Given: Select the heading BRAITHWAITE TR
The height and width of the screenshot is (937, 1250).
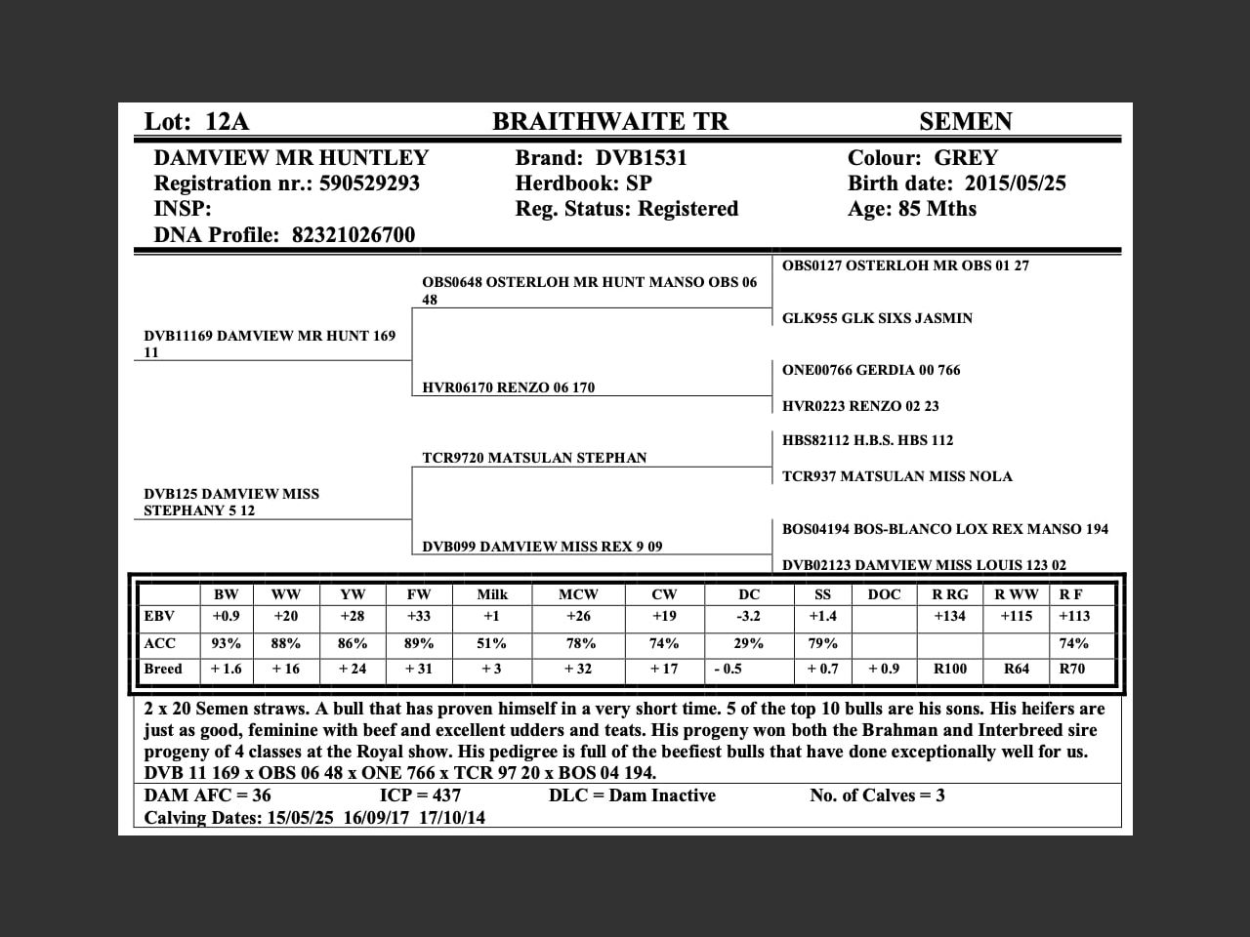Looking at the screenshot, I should click(x=610, y=122).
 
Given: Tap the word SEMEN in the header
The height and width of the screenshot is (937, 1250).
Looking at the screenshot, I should click(x=965, y=122).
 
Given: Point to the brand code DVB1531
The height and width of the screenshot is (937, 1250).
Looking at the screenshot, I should click(x=642, y=158).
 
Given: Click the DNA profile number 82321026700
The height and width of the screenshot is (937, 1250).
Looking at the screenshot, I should click(x=354, y=235).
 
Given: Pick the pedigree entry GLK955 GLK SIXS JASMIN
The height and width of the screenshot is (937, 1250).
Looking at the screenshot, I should click(x=877, y=318).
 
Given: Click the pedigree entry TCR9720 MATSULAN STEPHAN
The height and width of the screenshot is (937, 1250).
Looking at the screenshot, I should click(x=534, y=458).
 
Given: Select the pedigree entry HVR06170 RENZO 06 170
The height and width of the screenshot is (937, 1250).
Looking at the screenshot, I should click(x=508, y=387).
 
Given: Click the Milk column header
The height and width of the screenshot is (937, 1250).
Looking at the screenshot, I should click(x=492, y=594).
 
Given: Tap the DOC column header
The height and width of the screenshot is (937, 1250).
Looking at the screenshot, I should click(x=884, y=594).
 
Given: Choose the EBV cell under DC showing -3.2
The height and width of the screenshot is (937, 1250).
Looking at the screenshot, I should click(x=748, y=617).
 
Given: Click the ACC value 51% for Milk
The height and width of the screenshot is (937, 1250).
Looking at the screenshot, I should click(x=491, y=644).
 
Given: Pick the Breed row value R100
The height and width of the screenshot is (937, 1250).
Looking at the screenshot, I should click(x=949, y=670).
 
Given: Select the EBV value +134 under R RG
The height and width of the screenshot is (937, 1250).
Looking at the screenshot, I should click(x=949, y=617).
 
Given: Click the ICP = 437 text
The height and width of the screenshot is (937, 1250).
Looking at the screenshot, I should click(x=420, y=795).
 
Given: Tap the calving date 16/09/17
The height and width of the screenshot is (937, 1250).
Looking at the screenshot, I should click(x=375, y=818).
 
